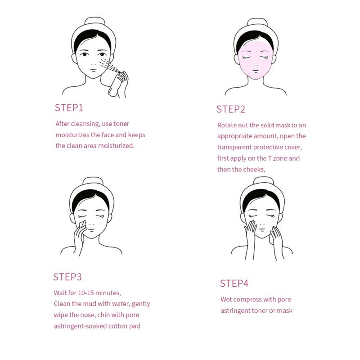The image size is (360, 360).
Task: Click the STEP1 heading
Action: [69, 108]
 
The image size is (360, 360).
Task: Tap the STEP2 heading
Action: [230, 109]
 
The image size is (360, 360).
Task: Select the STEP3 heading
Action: [67, 277]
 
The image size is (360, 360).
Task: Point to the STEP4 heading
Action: [234, 283]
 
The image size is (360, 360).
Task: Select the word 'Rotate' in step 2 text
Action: [228, 125]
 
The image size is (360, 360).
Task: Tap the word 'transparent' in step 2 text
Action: [235, 147]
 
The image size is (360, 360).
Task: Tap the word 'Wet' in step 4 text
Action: [227, 299]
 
